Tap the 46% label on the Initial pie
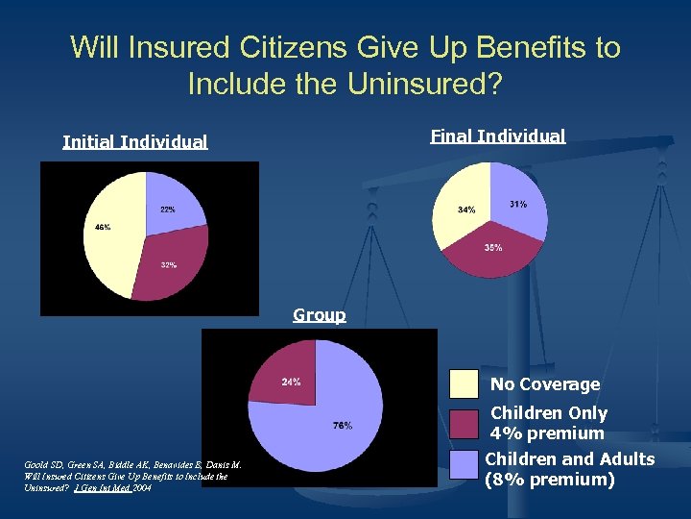tap(102, 228)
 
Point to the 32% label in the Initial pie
tap(168, 264)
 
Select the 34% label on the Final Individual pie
tap(466, 210)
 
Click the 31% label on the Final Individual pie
tap(518, 204)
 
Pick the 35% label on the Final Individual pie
tap(492, 247)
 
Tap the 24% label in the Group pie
tap(291, 382)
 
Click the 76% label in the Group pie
tap(342, 425)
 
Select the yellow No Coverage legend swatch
tap(465, 383)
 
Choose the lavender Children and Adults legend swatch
tap(465, 464)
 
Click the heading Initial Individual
tap(134, 142)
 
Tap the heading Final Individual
tap(498, 136)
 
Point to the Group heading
tap(320, 314)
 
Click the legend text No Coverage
tap(545, 384)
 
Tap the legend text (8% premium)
tap(550, 479)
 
